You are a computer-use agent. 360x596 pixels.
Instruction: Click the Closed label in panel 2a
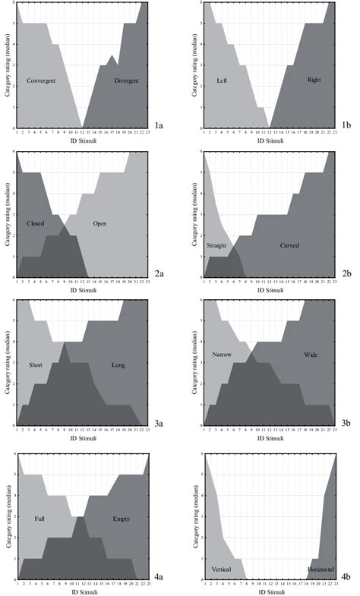35,225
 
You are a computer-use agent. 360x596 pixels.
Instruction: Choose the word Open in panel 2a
99,224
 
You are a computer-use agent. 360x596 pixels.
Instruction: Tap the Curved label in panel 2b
289,245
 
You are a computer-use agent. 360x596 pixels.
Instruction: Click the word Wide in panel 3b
311,354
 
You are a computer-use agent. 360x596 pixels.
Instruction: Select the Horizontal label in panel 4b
321,568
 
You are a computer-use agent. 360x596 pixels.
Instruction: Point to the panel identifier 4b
346,576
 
